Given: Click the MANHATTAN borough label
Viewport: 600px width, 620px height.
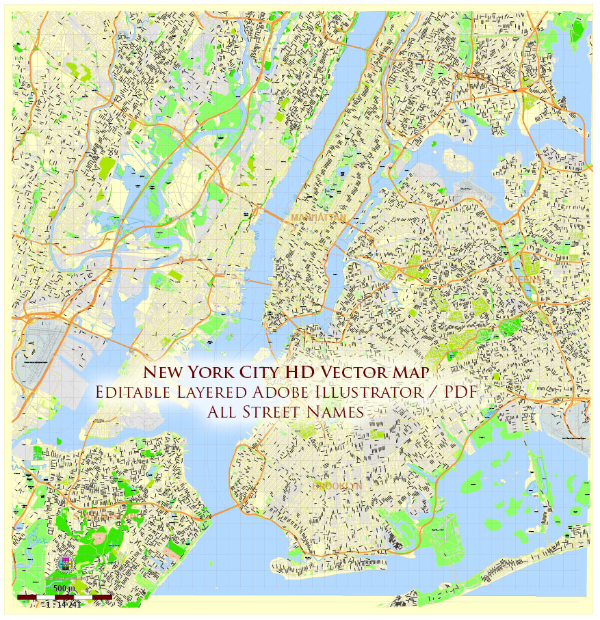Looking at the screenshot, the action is [x=318, y=217].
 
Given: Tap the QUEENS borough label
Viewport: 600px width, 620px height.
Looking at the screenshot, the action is [x=523, y=279].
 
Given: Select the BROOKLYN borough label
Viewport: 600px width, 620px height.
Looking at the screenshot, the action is [x=336, y=485].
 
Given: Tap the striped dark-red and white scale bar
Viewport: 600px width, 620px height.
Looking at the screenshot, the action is [x=65, y=597].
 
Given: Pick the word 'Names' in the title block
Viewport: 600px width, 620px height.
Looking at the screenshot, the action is [x=335, y=412].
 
